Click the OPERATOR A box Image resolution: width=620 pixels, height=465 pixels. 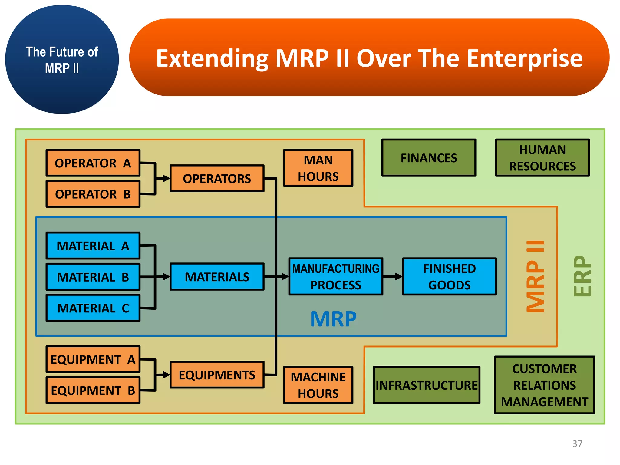point(93,163)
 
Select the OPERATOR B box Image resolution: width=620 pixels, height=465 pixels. point(93,194)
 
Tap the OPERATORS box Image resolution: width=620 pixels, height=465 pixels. point(217,178)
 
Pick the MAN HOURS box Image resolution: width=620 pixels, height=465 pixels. point(318,168)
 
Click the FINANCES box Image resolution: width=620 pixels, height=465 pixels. point(429,158)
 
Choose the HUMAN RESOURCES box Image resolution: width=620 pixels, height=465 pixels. point(542,158)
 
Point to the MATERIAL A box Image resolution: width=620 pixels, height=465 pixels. point(93,246)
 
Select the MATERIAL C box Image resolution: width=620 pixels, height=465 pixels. point(93,308)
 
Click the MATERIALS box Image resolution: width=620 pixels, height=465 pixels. point(217,277)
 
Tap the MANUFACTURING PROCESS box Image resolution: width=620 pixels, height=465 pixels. point(336,277)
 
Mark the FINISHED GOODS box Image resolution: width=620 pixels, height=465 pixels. point(449,277)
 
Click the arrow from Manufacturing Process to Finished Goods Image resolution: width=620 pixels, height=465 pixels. point(393,276)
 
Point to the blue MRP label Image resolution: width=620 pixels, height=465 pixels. point(333,319)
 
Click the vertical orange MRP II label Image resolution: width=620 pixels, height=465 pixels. point(535,276)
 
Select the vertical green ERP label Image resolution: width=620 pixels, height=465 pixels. point(582,276)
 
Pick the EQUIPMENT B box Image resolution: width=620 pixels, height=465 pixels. point(93,391)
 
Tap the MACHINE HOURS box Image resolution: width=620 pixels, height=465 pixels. point(318,385)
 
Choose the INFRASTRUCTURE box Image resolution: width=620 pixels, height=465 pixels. point(427,385)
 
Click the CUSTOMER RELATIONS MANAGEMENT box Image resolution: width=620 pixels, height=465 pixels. point(544,385)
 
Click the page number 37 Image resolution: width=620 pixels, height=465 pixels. point(577,444)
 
